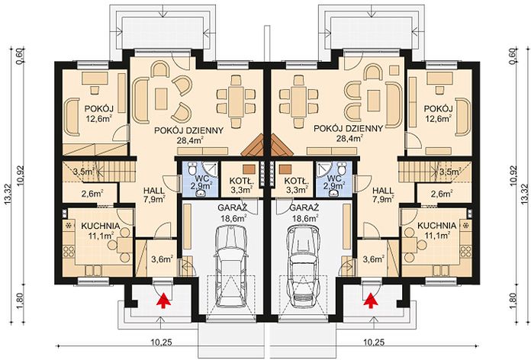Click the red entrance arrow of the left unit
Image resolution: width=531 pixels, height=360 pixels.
(163, 301)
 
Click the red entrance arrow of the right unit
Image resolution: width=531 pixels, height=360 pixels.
(371, 301)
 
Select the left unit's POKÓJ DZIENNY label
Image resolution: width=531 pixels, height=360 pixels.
(188, 130)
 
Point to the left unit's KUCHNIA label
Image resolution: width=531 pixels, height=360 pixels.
(101, 226)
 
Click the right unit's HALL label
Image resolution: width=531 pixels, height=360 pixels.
(383, 191)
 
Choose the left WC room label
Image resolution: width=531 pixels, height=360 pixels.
(202, 178)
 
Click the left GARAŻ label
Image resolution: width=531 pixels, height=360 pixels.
(232, 207)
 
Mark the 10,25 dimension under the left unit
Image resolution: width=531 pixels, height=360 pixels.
(161, 342)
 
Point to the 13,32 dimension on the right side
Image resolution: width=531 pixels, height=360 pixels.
(525, 194)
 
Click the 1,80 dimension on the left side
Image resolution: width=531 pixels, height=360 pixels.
(19, 300)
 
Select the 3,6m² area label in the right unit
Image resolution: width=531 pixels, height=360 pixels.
(374, 259)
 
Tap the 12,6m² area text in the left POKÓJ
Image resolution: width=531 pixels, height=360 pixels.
(99, 118)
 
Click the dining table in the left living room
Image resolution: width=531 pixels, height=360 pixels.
(236, 101)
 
